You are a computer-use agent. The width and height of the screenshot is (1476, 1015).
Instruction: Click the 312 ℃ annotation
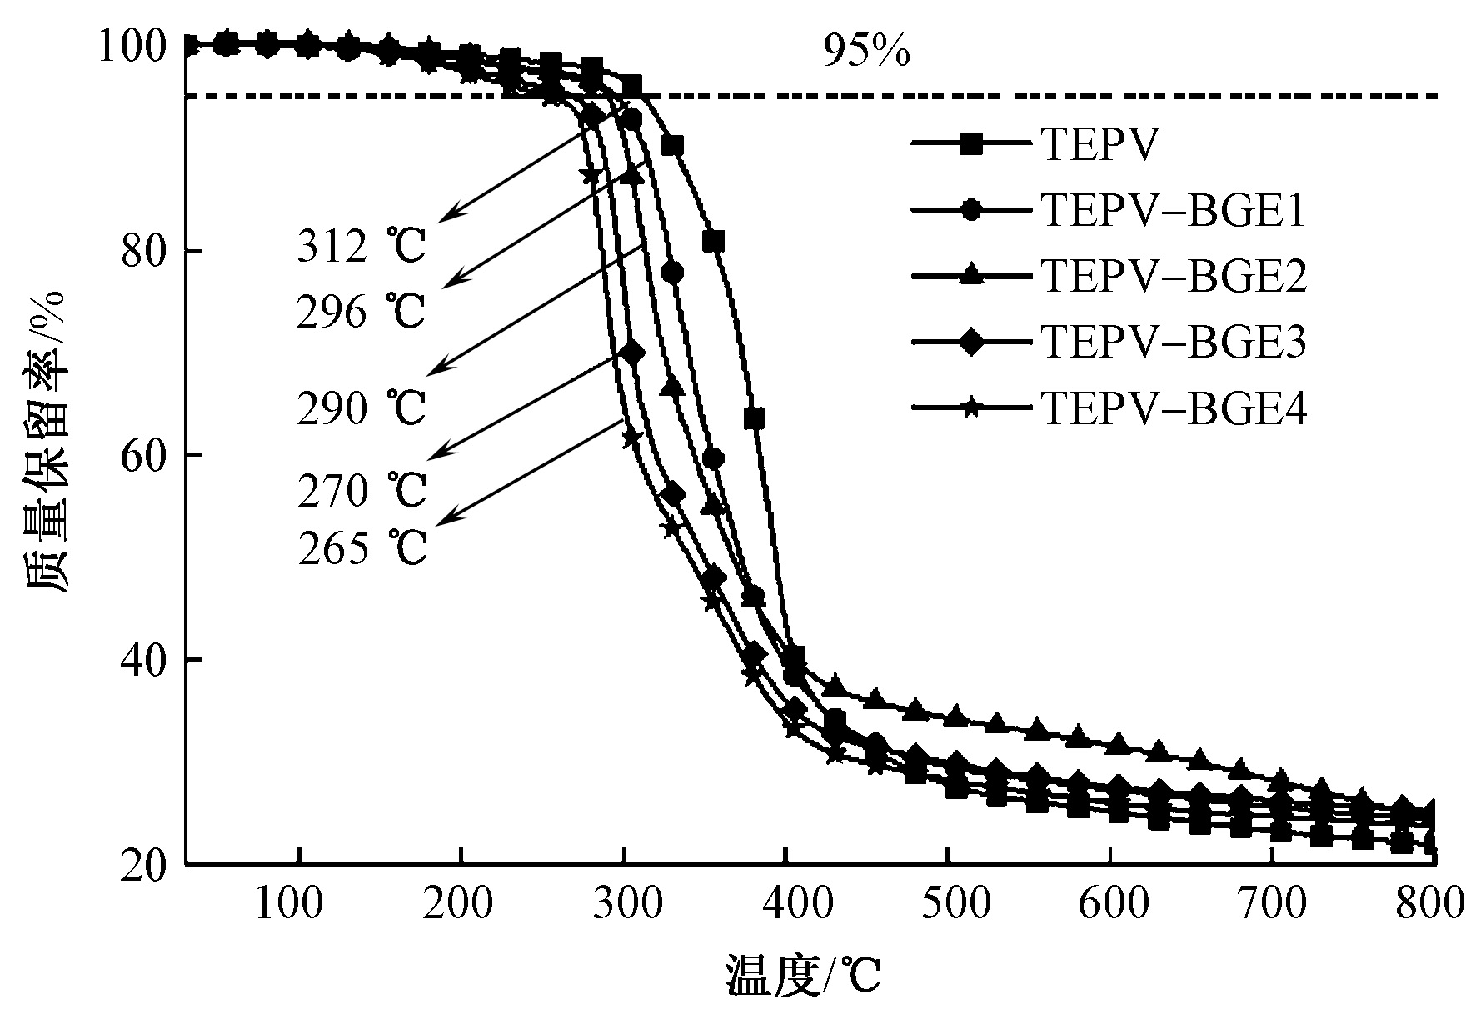click(x=362, y=247)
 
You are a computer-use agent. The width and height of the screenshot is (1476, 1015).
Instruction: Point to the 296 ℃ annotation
click(x=362, y=313)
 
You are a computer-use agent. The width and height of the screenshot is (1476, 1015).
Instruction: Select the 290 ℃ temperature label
click(x=362, y=408)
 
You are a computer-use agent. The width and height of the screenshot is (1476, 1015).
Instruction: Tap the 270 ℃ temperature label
click(x=362, y=491)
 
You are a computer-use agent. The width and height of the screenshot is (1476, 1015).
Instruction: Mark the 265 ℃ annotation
click(x=362, y=549)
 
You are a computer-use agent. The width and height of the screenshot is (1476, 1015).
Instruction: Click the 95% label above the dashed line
click(x=866, y=52)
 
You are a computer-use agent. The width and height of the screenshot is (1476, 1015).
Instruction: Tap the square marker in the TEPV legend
click(x=970, y=144)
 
